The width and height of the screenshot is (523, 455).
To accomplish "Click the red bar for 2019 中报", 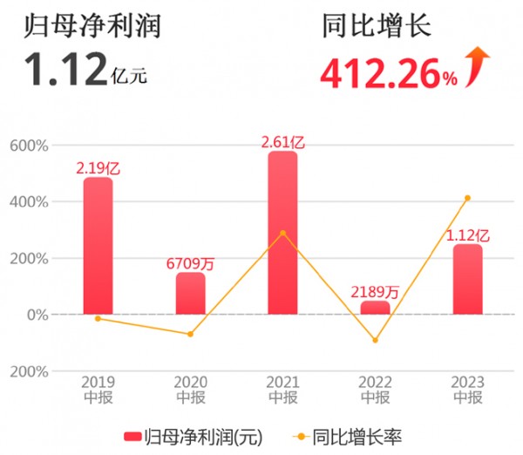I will [x=98, y=246].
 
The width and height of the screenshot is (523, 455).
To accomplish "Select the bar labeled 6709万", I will [x=190, y=293].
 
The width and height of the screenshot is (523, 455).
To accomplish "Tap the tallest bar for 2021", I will [x=282, y=233].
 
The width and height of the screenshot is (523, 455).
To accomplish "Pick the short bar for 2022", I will [x=375, y=308].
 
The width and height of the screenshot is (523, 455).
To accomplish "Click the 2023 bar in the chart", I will [x=467, y=279].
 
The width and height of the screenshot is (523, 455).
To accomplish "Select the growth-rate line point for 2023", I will [x=467, y=198].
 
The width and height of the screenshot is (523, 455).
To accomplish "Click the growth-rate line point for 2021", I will [x=282, y=233].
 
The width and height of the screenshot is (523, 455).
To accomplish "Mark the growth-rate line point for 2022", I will [x=375, y=340].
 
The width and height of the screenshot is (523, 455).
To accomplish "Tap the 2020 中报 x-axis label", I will [x=190, y=390].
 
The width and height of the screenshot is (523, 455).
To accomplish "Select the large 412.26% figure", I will [x=389, y=73].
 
